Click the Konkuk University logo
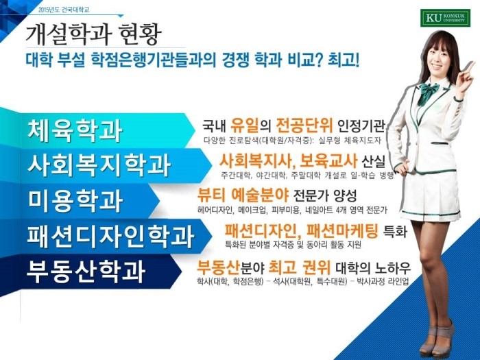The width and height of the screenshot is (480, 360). tap(445, 19)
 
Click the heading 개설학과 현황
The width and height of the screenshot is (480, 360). tap(93, 34)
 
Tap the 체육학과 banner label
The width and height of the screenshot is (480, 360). tap(75, 131)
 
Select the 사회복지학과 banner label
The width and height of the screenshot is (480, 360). tap(99, 166)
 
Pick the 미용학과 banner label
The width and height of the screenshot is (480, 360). tap(75, 200)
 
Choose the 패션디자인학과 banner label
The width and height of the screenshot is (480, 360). tap(110, 236)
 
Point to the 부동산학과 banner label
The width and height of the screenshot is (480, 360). tap(86, 271)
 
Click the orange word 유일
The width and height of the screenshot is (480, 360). tap(245, 124)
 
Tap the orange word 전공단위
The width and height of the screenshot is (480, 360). tap(304, 124)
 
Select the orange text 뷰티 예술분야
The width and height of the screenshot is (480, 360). tap(243, 195)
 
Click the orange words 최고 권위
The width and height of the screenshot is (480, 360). tap(300, 267)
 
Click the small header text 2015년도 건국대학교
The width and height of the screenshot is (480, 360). tap(64, 10)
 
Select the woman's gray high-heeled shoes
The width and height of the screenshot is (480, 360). tap(435, 337)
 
